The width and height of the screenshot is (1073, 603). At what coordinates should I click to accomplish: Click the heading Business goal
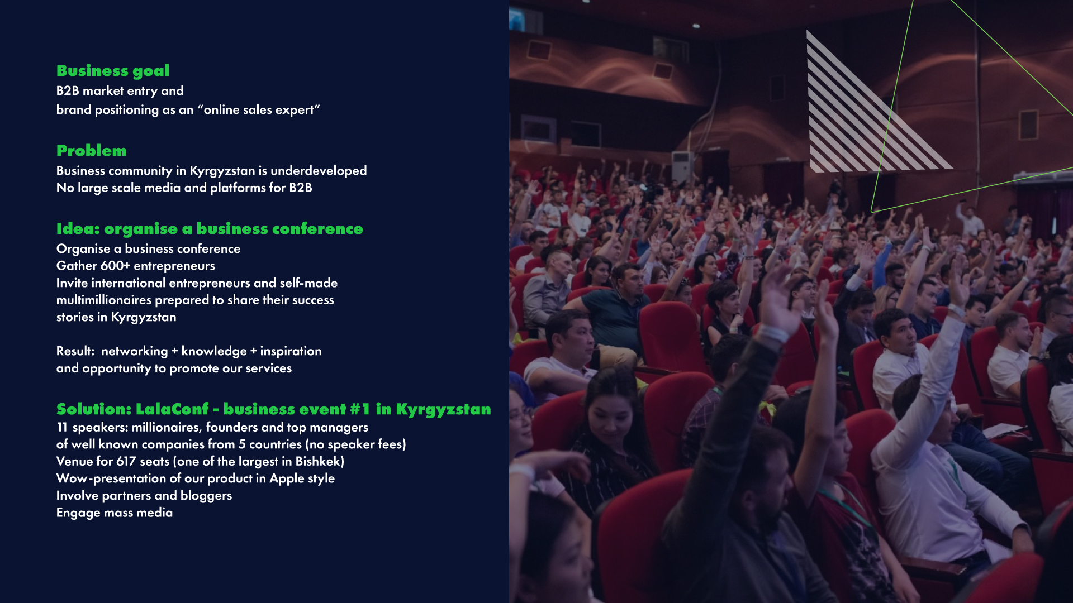coord(113,71)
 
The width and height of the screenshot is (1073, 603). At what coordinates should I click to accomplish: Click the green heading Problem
coord(92,151)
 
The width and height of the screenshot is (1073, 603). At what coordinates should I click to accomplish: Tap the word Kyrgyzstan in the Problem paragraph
coord(222,171)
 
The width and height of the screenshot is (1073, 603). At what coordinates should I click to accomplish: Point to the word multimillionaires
coord(104,300)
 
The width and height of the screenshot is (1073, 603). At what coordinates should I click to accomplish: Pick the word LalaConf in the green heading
coord(172,409)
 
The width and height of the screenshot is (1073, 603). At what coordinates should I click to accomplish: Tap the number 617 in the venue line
coord(126,461)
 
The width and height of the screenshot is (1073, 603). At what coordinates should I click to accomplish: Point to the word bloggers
coord(206,496)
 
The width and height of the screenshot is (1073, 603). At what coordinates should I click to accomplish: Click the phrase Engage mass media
coord(115,513)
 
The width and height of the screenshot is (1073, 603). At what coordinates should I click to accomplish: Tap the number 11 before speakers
coord(62,427)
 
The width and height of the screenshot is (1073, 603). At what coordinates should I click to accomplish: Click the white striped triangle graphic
coord(861,123)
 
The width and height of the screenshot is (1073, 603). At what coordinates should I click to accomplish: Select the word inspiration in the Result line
coord(291,351)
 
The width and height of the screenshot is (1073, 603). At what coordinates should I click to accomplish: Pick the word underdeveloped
coord(319,171)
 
